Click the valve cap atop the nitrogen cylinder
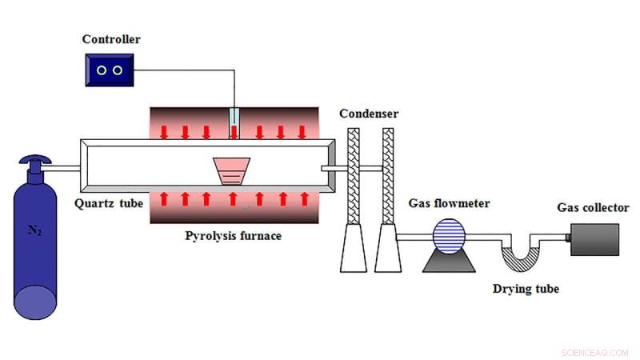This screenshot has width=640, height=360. point(34,163)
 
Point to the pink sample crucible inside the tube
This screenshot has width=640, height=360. point(232,170)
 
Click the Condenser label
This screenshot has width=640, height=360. point(369,114)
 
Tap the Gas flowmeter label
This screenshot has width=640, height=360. point(450,203)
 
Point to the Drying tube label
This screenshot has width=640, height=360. point(526,289)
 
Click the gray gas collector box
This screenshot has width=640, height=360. point(594,239)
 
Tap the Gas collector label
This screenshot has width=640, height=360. point(592,208)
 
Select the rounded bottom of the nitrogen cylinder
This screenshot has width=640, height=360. point(35,301)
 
